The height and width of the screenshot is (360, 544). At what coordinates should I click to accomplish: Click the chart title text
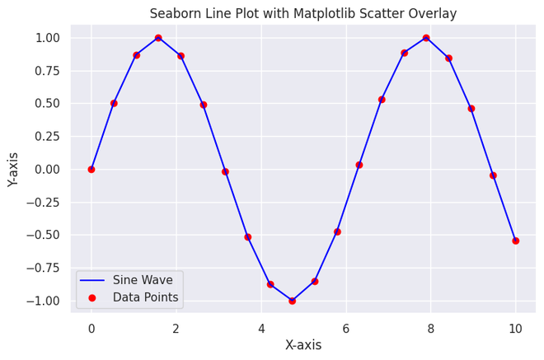click(302, 13)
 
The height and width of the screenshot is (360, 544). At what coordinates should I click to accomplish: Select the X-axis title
click(302, 345)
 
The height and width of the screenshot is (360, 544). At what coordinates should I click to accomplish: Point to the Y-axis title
click(13, 169)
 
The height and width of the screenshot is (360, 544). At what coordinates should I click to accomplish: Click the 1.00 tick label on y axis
click(48, 38)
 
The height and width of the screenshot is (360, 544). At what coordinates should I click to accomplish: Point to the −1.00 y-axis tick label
click(45, 301)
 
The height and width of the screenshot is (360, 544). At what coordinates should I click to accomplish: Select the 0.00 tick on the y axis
click(48, 169)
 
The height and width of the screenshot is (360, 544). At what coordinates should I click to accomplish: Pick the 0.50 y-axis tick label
click(48, 104)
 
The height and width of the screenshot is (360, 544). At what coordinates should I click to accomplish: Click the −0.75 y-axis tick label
click(45, 268)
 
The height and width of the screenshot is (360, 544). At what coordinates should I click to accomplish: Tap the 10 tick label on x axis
click(515, 328)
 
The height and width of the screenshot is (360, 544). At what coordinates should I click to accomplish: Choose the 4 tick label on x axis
click(260, 328)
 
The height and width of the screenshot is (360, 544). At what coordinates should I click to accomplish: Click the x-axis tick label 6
click(345, 328)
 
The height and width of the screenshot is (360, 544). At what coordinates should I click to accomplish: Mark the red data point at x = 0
click(91, 169)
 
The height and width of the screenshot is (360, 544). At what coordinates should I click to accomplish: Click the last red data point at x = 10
click(515, 241)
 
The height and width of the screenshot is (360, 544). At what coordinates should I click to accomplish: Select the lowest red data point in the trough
click(292, 301)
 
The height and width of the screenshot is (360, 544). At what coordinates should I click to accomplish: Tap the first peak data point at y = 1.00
click(158, 38)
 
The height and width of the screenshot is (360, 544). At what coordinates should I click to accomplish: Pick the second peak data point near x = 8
click(426, 38)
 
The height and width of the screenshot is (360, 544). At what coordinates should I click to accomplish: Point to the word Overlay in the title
click(455, 13)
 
